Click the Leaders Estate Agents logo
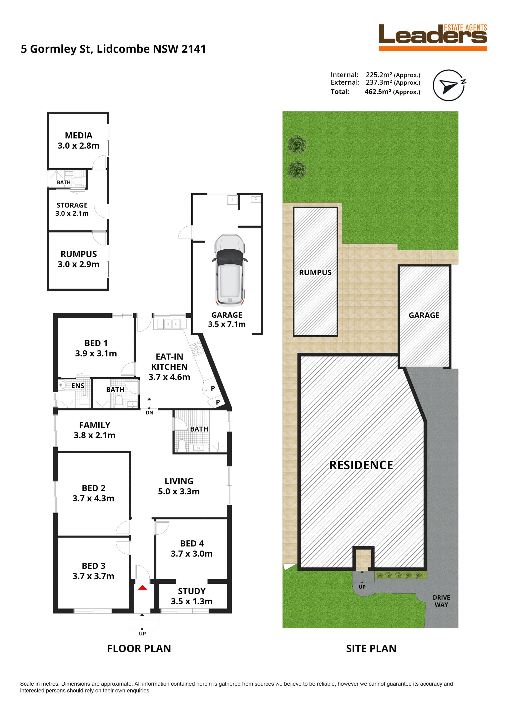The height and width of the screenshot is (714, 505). [433, 37]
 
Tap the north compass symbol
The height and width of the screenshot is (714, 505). [449, 85]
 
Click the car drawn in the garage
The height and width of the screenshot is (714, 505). [230, 270]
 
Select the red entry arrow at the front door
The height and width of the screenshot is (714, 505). [142, 588]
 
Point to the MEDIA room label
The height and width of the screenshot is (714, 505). [79, 136]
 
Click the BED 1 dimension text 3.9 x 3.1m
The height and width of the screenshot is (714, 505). [96, 353]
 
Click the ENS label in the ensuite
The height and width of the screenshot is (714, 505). [78, 386]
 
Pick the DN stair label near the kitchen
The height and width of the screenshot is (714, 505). [150, 413]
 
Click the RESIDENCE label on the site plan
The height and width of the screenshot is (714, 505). [361, 465]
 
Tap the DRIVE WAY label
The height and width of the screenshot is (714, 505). [441, 601]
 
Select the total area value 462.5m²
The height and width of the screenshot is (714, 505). [378, 92]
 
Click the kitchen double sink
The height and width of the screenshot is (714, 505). [172, 324]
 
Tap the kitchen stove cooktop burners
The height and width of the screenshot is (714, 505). [196, 349]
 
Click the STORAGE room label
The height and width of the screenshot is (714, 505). [72, 205]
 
